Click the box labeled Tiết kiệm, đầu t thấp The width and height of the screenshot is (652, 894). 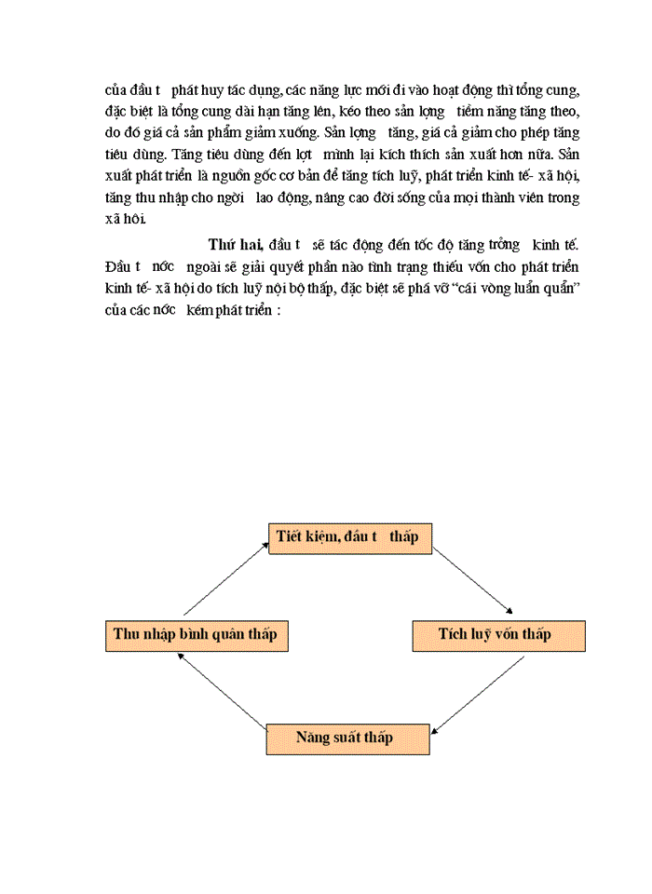(x=349, y=538)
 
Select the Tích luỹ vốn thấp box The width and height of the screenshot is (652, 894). (x=498, y=634)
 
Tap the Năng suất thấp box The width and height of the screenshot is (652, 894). (x=347, y=738)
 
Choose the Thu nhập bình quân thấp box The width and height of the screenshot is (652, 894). (x=195, y=634)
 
